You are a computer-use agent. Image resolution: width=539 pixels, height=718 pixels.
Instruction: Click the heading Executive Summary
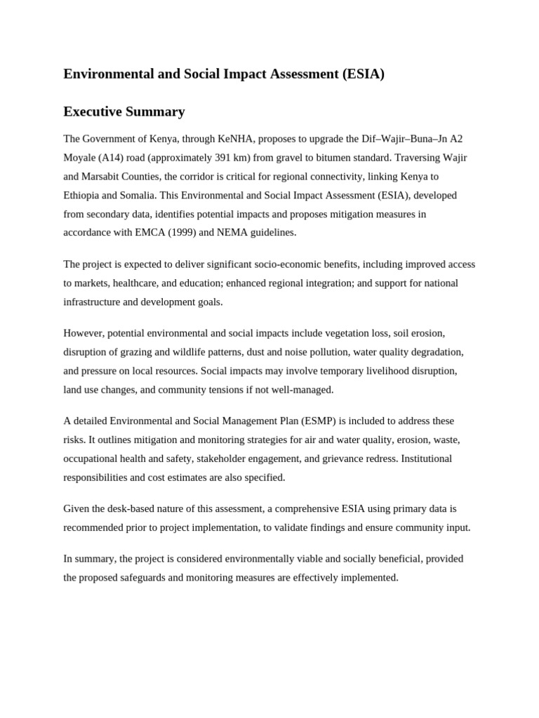[x=124, y=111]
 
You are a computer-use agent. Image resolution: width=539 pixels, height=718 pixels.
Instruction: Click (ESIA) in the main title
[x=364, y=74]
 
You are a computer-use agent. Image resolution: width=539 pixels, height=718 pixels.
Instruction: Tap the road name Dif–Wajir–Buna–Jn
[x=402, y=139]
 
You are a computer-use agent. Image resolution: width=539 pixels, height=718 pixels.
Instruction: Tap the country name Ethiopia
[x=83, y=195]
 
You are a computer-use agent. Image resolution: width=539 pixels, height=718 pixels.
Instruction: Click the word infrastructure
[x=93, y=302]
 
